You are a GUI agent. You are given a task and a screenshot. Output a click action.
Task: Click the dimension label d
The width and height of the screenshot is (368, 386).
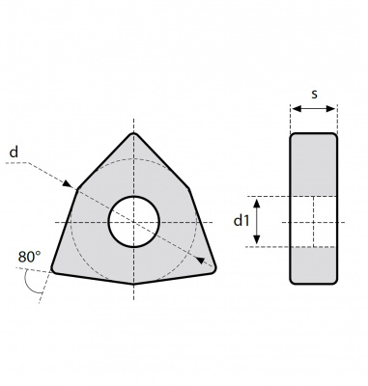(14, 152)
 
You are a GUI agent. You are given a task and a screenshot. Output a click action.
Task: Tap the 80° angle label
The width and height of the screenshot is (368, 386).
(29, 257)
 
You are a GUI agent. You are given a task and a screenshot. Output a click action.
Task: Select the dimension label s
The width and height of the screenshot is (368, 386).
(314, 94)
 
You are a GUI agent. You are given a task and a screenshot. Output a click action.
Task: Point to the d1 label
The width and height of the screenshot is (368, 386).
(241, 221)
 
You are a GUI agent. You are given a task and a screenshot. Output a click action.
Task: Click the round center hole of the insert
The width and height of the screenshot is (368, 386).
(134, 222)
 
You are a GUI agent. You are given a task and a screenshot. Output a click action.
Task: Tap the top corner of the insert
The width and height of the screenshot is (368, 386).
(134, 133)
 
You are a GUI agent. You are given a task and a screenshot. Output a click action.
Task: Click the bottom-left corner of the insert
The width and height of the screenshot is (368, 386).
(53, 271)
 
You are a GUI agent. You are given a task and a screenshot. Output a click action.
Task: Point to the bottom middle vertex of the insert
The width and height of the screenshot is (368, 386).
(134, 284)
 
